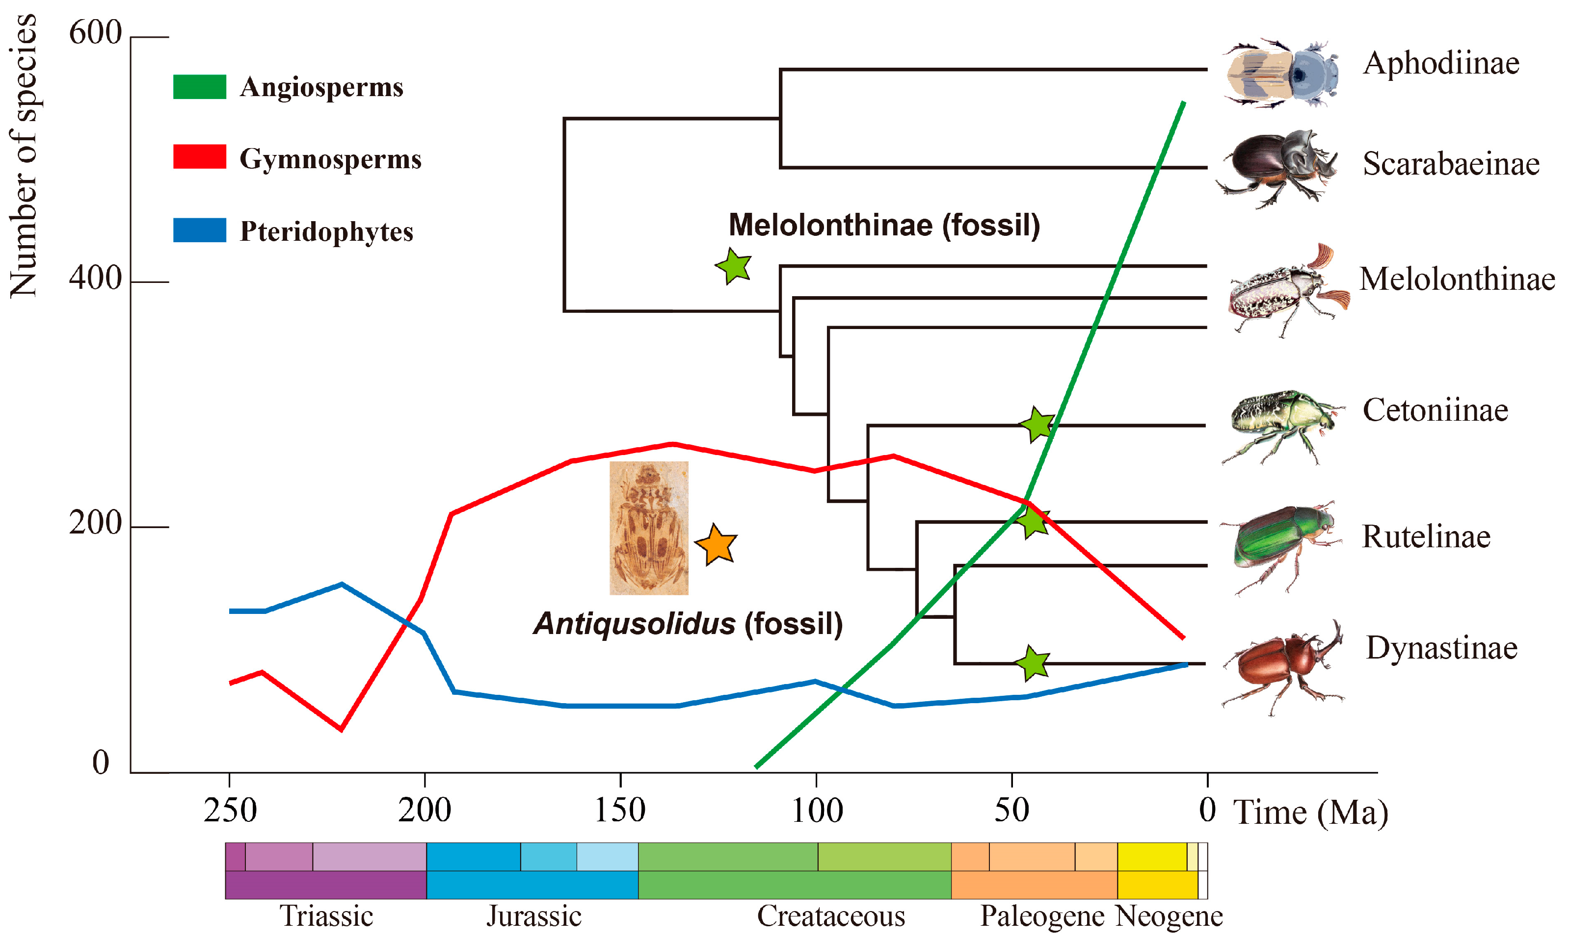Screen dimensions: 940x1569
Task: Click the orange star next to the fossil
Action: click(717, 545)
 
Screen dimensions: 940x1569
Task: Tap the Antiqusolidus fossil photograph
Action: click(648, 528)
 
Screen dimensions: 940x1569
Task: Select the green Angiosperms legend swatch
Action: click(200, 87)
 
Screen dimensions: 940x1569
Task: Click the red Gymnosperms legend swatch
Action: click(200, 156)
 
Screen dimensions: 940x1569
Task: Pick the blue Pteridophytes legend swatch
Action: click(200, 230)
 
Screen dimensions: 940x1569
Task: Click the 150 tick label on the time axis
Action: click(619, 810)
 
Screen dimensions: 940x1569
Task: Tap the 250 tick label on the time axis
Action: click(230, 810)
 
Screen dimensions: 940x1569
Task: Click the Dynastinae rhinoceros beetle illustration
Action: click(1284, 668)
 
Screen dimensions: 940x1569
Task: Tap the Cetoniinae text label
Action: click(1435, 410)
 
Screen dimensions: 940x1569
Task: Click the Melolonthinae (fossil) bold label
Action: click(884, 225)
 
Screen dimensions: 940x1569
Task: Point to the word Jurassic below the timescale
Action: click(534, 916)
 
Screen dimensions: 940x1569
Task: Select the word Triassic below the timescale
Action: click(326, 916)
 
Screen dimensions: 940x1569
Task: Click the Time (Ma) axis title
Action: click(1310, 812)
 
